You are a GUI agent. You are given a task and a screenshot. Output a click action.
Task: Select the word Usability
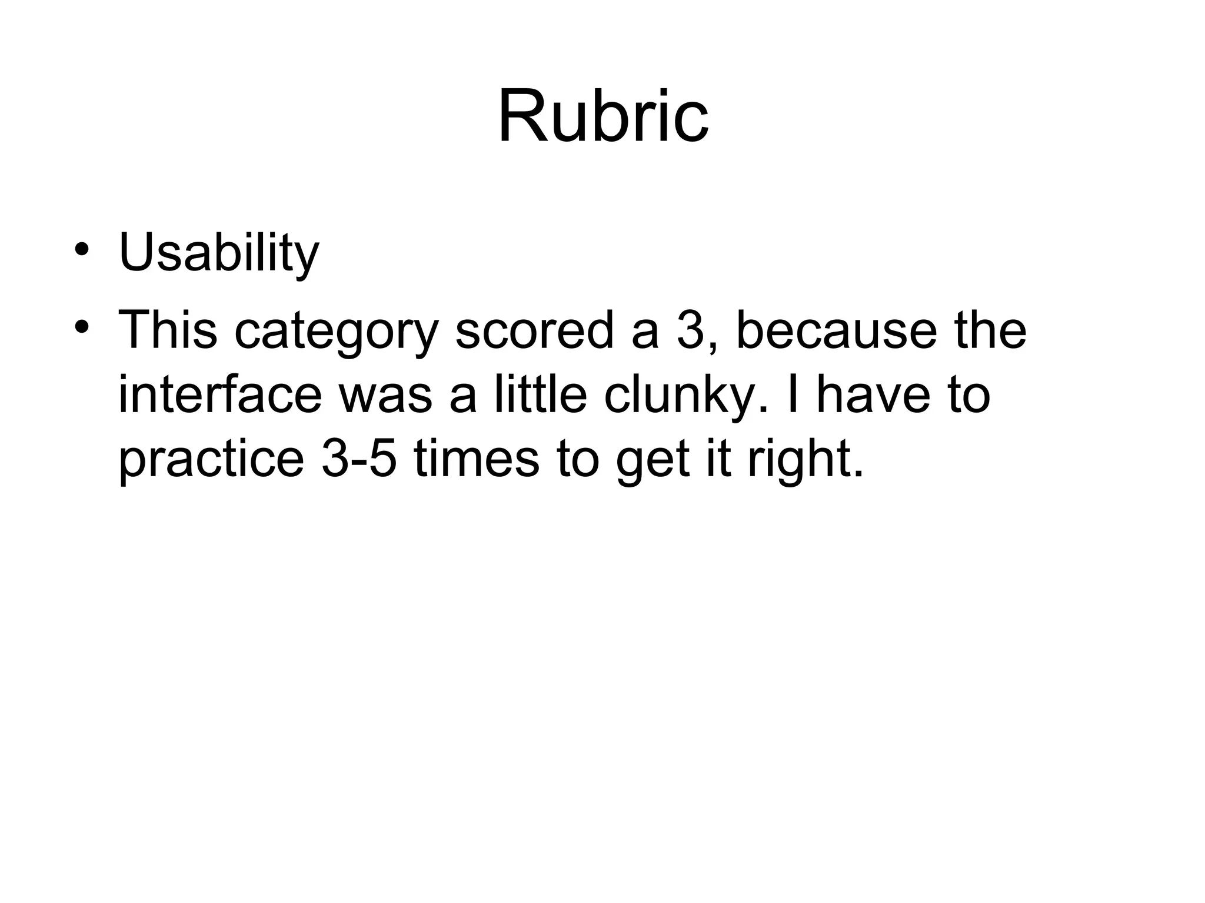[x=219, y=253]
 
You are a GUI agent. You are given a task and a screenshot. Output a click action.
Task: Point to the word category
[x=337, y=331]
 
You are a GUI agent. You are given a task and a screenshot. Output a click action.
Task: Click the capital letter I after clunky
[x=791, y=394]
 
